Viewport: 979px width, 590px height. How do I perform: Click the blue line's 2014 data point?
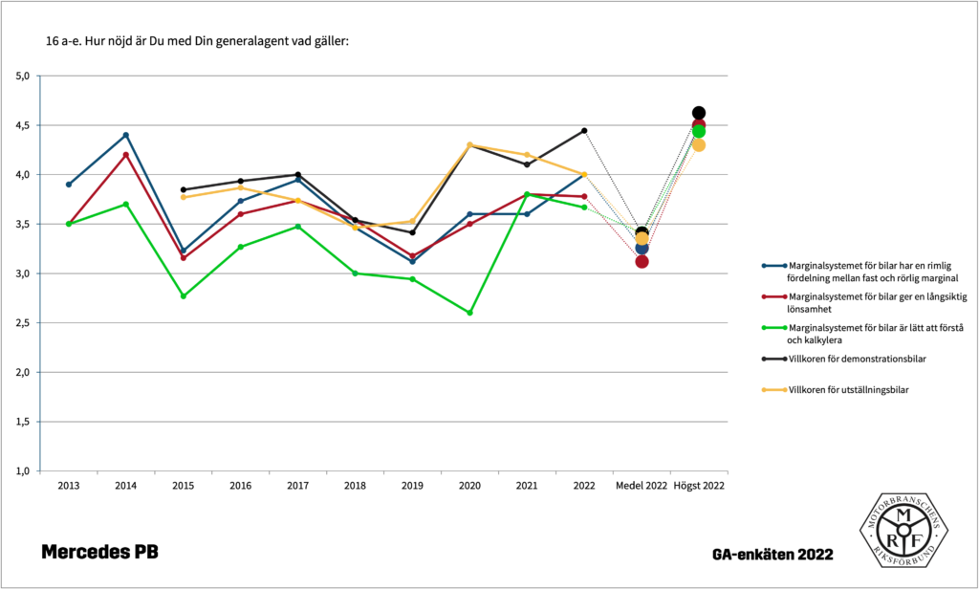pyautogui.click(x=125, y=135)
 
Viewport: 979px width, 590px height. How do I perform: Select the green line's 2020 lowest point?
pyautogui.click(x=469, y=313)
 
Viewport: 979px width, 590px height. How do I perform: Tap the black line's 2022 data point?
pyautogui.click(x=584, y=130)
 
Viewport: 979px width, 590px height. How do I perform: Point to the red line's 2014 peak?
pyautogui.click(x=125, y=155)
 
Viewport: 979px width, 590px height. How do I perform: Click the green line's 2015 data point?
pyautogui.click(x=183, y=296)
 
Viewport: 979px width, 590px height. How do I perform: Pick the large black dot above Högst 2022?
pyautogui.click(x=699, y=113)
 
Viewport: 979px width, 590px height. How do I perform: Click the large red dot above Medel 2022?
pyautogui.click(x=642, y=262)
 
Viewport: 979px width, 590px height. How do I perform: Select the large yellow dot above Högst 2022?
pyautogui.click(x=699, y=145)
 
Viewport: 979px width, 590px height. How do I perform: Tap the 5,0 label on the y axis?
pyautogui.click(x=24, y=76)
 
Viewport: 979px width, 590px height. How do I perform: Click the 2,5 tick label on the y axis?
pyautogui.click(x=24, y=323)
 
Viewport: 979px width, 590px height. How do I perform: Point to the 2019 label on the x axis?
pyautogui.click(x=412, y=487)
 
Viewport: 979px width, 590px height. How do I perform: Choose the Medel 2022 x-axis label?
pyautogui.click(x=642, y=487)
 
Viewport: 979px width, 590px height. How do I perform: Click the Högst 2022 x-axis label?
pyautogui.click(x=699, y=487)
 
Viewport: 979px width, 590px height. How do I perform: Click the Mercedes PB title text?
pyautogui.click(x=99, y=553)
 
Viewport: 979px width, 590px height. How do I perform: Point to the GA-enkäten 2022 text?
pyautogui.click(x=772, y=555)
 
